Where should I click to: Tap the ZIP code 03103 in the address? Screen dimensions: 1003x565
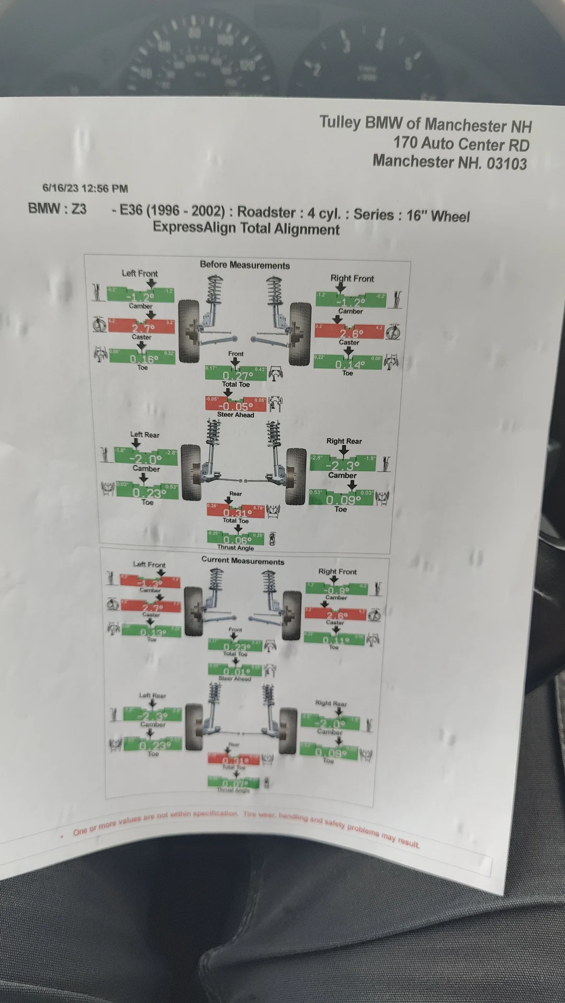[x=506, y=163]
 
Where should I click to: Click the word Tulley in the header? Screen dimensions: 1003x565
[x=340, y=123]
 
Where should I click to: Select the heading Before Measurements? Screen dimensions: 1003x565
[x=244, y=265]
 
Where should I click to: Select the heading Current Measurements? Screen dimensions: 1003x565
[x=243, y=561]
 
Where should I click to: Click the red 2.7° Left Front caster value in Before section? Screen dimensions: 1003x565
[x=141, y=327]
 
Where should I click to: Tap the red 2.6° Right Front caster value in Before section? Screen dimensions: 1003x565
[x=351, y=333]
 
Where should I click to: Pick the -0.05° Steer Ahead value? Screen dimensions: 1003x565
[x=235, y=406]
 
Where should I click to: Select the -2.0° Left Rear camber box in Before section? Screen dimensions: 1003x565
[x=146, y=458]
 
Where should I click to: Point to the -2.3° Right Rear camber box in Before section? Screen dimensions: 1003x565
[x=343, y=465]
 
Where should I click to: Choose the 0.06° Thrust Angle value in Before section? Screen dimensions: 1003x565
[x=236, y=540]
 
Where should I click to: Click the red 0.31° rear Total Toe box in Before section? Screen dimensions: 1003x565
[x=236, y=512]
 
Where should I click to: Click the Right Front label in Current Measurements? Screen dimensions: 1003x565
[x=337, y=572]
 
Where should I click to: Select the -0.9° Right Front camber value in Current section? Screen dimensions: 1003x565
[x=336, y=589]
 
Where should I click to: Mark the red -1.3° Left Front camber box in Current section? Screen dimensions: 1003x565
[x=150, y=583]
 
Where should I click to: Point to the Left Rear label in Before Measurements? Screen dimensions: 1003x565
[x=145, y=435]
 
